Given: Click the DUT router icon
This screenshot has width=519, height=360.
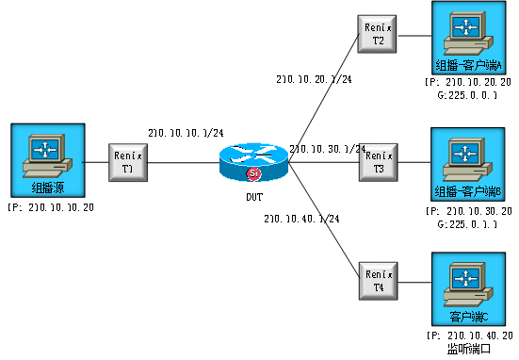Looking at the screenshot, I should tap(252, 163).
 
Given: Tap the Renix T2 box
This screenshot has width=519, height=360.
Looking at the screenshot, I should tap(377, 34).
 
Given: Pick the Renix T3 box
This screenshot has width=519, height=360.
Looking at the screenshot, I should tap(377, 161).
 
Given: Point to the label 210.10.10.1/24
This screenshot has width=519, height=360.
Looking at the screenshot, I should tap(186, 133).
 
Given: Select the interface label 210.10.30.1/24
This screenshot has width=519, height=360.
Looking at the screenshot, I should tap(326, 149).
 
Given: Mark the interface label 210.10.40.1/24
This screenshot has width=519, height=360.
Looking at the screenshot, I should tap(301, 219).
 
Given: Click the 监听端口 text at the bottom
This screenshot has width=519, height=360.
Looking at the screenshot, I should tap(468, 349).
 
